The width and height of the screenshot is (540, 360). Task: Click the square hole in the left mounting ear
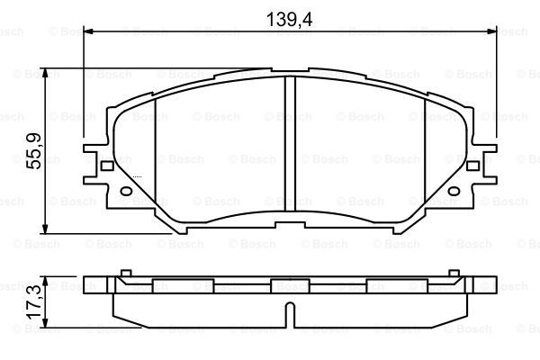(x=106, y=165)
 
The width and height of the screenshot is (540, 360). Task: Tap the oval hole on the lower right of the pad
(x=452, y=189)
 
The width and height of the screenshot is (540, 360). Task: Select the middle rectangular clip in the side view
(x=283, y=285)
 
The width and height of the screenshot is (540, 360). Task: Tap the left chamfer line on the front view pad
(x=156, y=153)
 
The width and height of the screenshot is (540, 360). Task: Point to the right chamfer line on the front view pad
(x=425, y=153)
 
